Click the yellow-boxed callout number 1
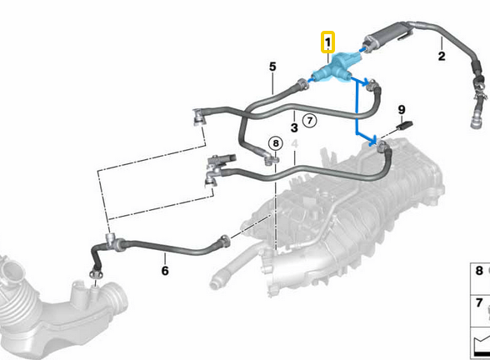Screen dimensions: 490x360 pyautogui.click(x=327, y=42)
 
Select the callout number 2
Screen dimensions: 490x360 pyautogui.click(x=442, y=57)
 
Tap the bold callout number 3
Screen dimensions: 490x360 pyautogui.click(x=294, y=127)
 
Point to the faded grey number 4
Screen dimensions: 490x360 pyautogui.click(x=294, y=143)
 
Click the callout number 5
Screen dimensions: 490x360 pyautogui.click(x=272, y=67)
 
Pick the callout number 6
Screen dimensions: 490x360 pyautogui.click(x=165, y=271)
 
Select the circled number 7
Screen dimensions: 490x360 pyautogui.click(x=310, y=120)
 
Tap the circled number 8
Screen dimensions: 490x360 pyautogui.click(x=276, y=143)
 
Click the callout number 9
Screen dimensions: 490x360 pyautogui.click(x=402, y=110)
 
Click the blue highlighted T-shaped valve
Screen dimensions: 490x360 pyautogui.click(x=336, y=67)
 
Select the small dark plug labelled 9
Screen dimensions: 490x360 pyautogui.click(x=405, y=125)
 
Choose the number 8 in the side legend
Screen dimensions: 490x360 pyautogui.click(x=479, y=271)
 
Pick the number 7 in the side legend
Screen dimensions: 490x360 pyautogui.click(x=479, y=302)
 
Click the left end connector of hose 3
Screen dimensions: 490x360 pyautogui.click(x=199, y=117)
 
